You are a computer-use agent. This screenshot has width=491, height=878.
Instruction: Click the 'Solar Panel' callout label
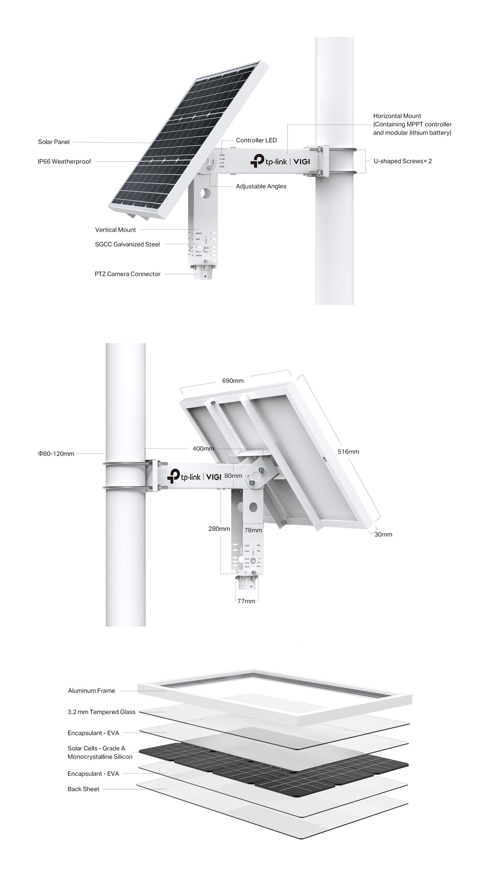pos(54,142)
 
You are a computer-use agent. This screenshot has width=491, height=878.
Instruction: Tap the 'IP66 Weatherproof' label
pos(65,161)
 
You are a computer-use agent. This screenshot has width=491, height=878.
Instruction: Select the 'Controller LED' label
pos(256,140)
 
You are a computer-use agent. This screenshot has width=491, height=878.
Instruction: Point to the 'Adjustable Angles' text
pos(261,186)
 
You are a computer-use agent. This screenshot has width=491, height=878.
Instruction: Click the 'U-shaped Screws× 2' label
pos(402,161)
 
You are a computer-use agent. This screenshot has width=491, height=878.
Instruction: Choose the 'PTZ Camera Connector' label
pos(127,274)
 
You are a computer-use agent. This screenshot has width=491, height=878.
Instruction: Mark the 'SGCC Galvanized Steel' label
pos(127,244)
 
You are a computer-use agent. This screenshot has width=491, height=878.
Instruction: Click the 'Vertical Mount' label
pos(116,230)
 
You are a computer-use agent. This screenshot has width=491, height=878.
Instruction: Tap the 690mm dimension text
pos(233,380)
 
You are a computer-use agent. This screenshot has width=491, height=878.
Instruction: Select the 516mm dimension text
pos(349,452)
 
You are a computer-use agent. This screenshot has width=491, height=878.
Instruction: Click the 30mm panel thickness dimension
pos(383,534)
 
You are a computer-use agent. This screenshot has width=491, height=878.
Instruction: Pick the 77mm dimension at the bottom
pos(246,601)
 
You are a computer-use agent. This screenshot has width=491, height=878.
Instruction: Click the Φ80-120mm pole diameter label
pos(56,454)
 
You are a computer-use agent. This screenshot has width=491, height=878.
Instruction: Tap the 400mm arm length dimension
pos(203,448)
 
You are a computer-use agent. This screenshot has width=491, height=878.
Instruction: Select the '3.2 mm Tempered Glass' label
pos(102,712)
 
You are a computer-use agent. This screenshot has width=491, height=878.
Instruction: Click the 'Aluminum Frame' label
pos(91,690)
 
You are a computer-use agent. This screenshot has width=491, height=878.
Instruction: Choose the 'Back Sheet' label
pos(83,789)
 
